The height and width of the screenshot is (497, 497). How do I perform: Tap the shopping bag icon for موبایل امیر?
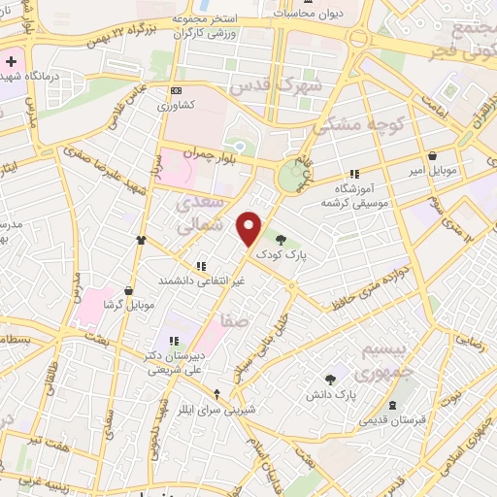(x=432, y=155)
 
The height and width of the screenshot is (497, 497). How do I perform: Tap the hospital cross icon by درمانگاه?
(x=10, y=62)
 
